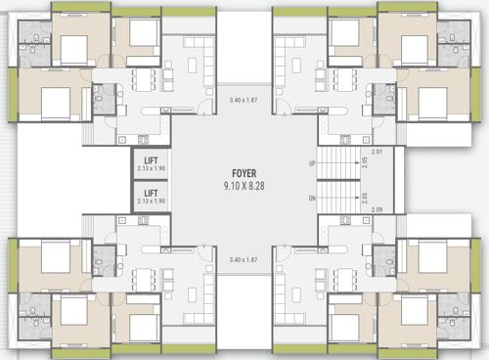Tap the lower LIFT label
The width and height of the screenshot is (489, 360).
coord(151,194)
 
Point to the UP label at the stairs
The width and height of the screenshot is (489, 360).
coord(312,163)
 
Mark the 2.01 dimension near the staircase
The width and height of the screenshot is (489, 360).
coord(378,152)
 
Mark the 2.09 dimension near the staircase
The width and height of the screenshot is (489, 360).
coord(378,209)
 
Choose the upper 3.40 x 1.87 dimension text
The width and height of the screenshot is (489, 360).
coord(244,101)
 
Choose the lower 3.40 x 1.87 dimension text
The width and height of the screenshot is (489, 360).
coord(244,260)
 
